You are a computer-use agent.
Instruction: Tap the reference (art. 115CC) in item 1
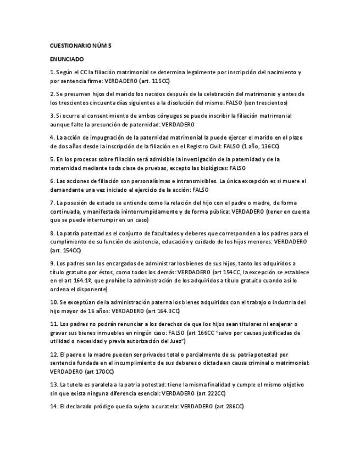click(x=153, y=81)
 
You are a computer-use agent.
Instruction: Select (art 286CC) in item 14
click(x=229, y=407)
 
